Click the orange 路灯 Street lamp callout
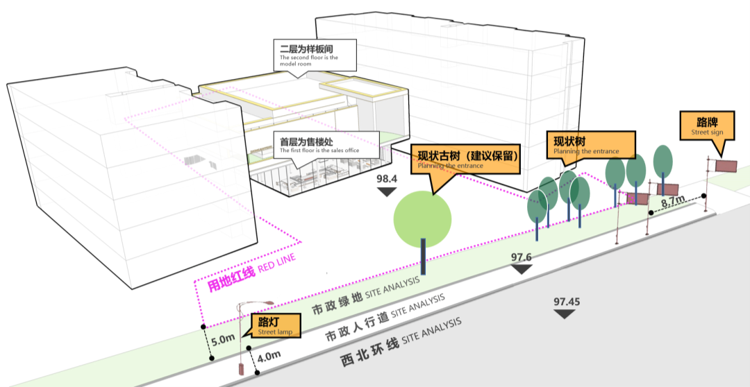coord(275,325)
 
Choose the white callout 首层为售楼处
coord(328,144)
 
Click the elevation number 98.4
coord(387,179)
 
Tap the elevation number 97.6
coord(521,257)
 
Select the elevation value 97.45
coord(567,302)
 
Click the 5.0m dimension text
coord(223,341)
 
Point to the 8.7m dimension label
coord(672,201)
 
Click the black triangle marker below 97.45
coord(566,314)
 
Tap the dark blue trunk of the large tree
coord(423,257)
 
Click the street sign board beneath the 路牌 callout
coord(726,165)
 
